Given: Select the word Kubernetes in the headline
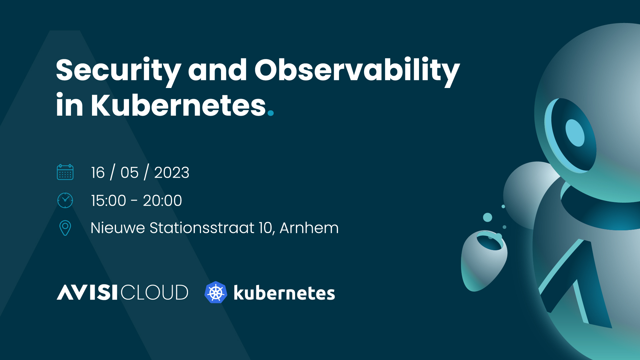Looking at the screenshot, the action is coord(178,105).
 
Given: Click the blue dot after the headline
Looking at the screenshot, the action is coord(271,113).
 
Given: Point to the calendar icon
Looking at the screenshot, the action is coord(65,172).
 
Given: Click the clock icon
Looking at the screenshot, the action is coord(65,200).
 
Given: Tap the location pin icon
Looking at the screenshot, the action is coord(65,228).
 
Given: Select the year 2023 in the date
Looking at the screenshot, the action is coord(172,173).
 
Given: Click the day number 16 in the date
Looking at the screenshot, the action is coord(98,173).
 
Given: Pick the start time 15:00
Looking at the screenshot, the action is coord(109,201).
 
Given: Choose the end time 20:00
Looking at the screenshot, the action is coord(162,201).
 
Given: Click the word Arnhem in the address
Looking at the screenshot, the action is coord(309,228).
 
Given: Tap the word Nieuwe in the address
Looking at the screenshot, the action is coord(118,228).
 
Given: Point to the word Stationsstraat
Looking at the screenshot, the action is coord(202,228).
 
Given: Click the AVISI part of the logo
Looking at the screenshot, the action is coord(87,292).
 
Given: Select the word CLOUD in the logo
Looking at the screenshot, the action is coord(154,292).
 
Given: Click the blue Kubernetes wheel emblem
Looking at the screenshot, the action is coord(216,292).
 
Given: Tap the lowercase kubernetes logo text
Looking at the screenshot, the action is coord(284,293).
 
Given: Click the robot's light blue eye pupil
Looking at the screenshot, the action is coord(575,133).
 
